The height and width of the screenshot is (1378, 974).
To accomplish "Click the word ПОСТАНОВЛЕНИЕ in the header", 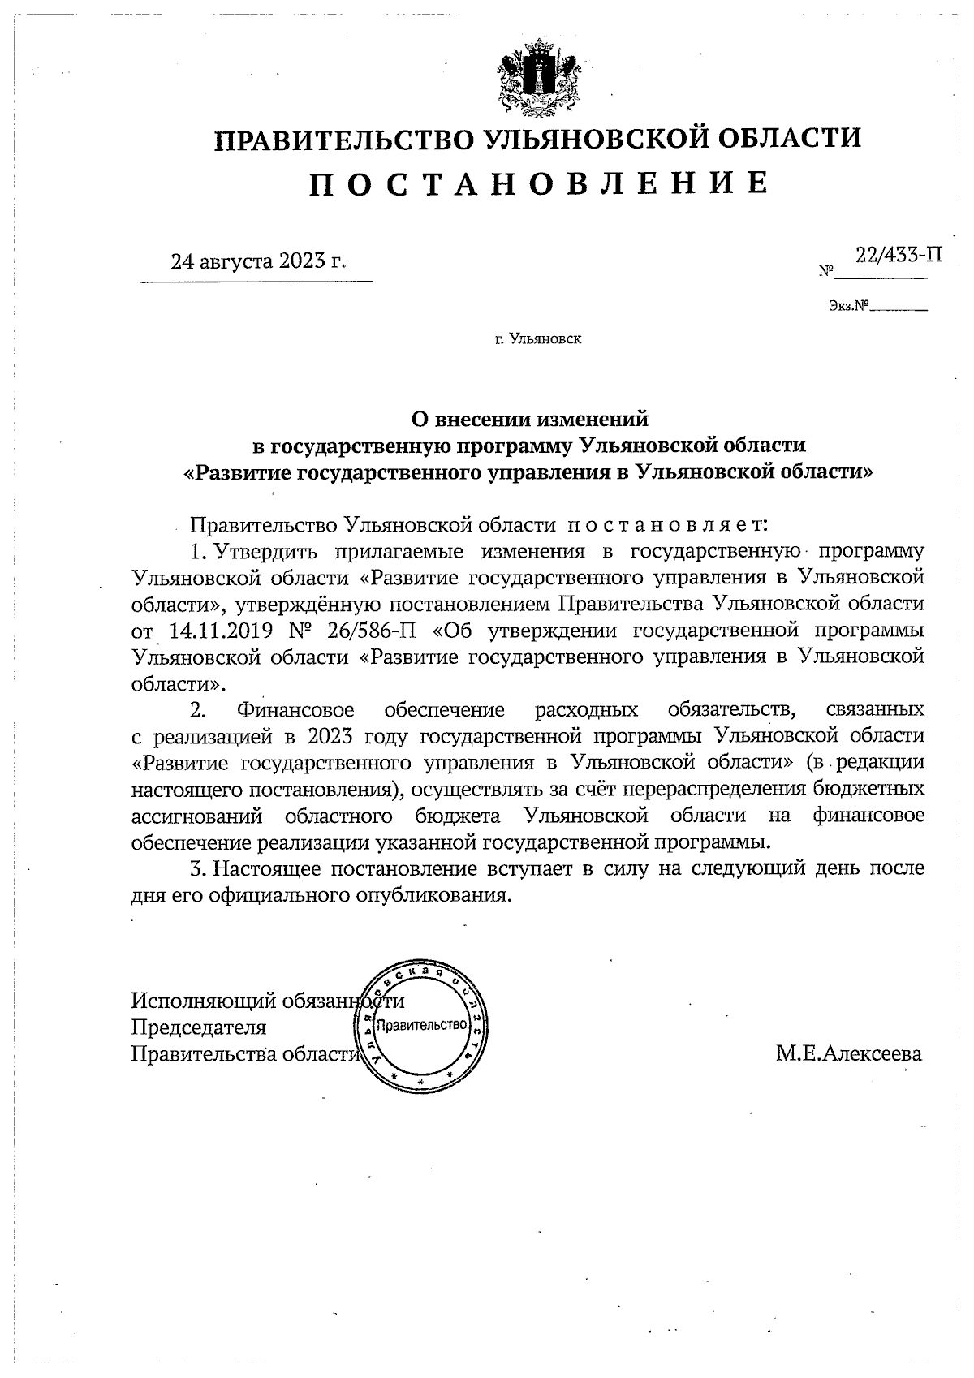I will [538, 184].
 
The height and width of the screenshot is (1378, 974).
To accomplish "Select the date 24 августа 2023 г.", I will [257, 261].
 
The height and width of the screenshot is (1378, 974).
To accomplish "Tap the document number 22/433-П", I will [899, 254].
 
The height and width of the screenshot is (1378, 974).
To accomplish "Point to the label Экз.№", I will [848, 307].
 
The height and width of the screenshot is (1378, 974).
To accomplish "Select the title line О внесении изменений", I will [531, 420].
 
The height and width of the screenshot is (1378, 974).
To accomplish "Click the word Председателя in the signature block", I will [200, 1027].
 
